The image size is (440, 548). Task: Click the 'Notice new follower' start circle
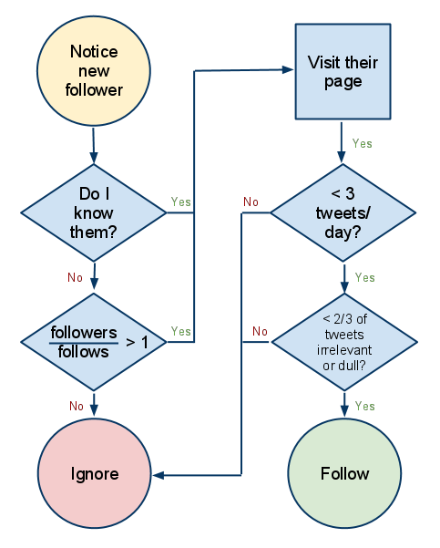[94, 70]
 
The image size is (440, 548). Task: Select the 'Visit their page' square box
[343, 72]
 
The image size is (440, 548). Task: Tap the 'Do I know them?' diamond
[94, 212]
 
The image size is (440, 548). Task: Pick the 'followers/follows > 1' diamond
[94, 342]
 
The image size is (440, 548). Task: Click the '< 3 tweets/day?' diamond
[343, 212]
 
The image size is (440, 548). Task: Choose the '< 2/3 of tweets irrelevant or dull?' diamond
[344, 342]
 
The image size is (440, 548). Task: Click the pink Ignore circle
[95, 473]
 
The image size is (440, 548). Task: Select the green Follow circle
[344, 473]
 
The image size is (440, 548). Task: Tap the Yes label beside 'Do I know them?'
[181, 202]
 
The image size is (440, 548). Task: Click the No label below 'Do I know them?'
[75, 277]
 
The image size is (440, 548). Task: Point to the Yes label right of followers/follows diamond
[181, 331]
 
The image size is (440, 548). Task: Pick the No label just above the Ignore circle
[77, 406]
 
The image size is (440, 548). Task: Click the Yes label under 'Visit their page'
[363, 143]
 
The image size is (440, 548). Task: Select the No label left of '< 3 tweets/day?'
[251, 202]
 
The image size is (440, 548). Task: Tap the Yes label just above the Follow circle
[365, 406]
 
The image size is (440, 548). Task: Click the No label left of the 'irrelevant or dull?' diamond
[260, 331]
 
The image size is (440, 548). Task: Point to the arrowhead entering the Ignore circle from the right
[159, 475]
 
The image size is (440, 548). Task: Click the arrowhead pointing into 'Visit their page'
[288, 70]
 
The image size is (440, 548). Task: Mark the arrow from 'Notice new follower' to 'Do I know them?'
[94, 146]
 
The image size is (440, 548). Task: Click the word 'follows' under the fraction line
[84, 352]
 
